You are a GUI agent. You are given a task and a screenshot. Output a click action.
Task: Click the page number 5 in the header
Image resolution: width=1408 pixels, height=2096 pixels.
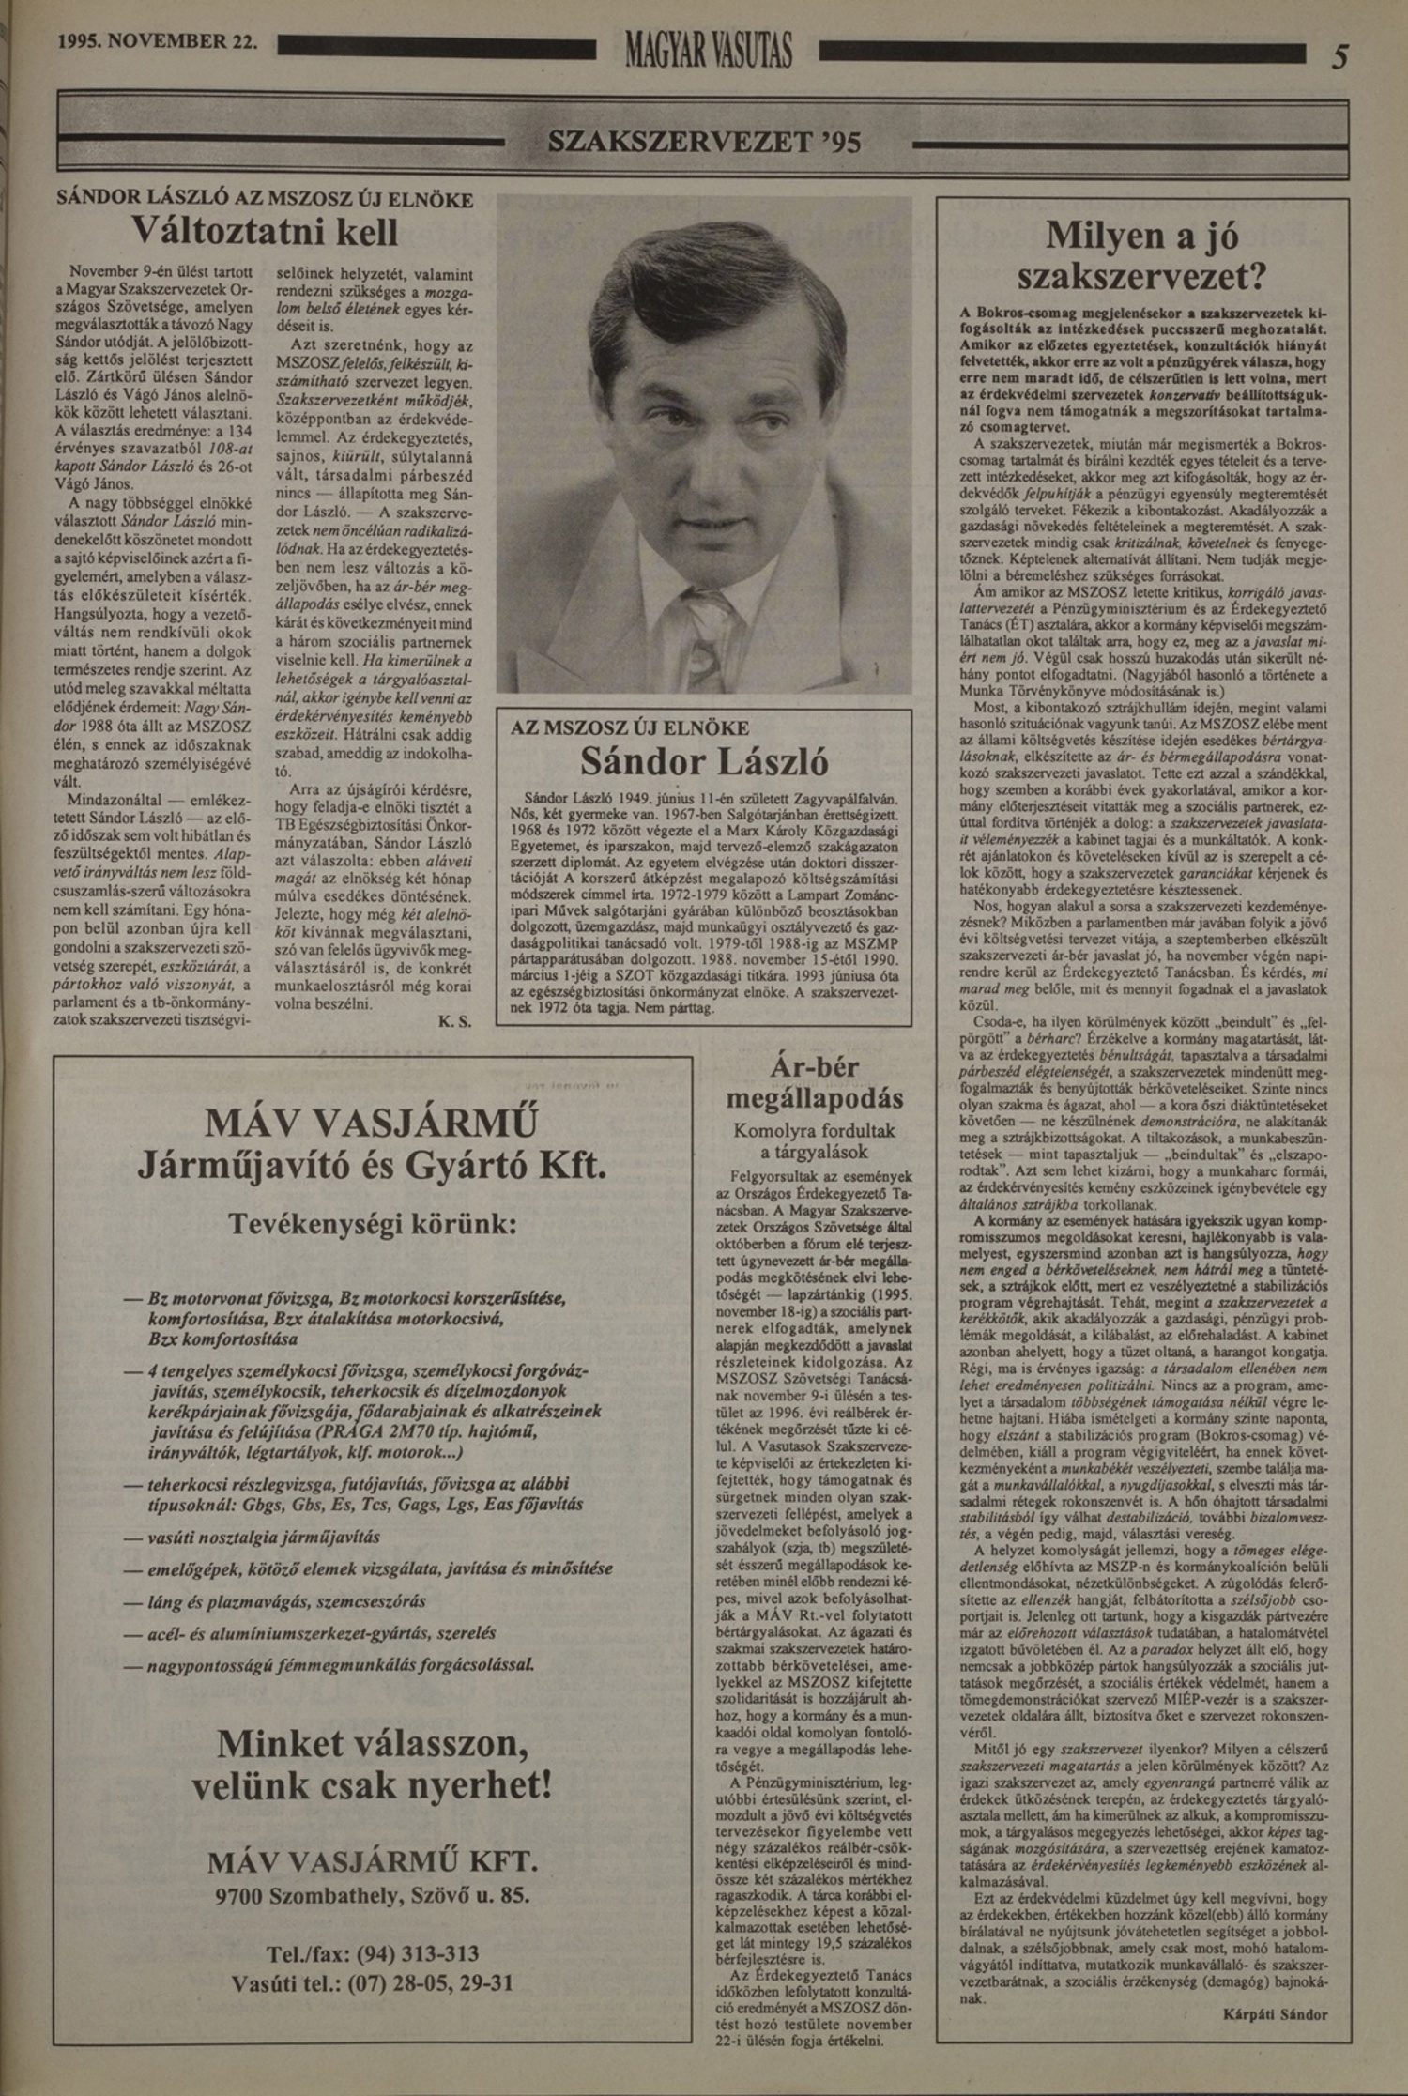click(1339, 57)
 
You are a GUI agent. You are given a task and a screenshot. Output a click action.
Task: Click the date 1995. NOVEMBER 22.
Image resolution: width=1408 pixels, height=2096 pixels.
click(156, 42)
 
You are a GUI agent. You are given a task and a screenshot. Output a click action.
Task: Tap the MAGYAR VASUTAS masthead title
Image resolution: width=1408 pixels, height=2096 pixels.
click(709, 50)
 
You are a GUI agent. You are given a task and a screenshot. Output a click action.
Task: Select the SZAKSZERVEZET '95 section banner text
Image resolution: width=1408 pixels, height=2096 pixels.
click(704, 143)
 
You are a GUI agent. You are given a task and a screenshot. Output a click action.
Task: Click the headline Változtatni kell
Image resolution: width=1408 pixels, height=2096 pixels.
click(265, 231)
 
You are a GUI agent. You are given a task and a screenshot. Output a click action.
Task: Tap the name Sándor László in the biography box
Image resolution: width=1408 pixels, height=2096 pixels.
click(704, 761)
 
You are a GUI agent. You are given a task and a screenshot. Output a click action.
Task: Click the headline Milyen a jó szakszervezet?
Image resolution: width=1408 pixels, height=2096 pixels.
click(1141, 255)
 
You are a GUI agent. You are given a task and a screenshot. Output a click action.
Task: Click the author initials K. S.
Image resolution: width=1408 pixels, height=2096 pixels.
click(454, 1021)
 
